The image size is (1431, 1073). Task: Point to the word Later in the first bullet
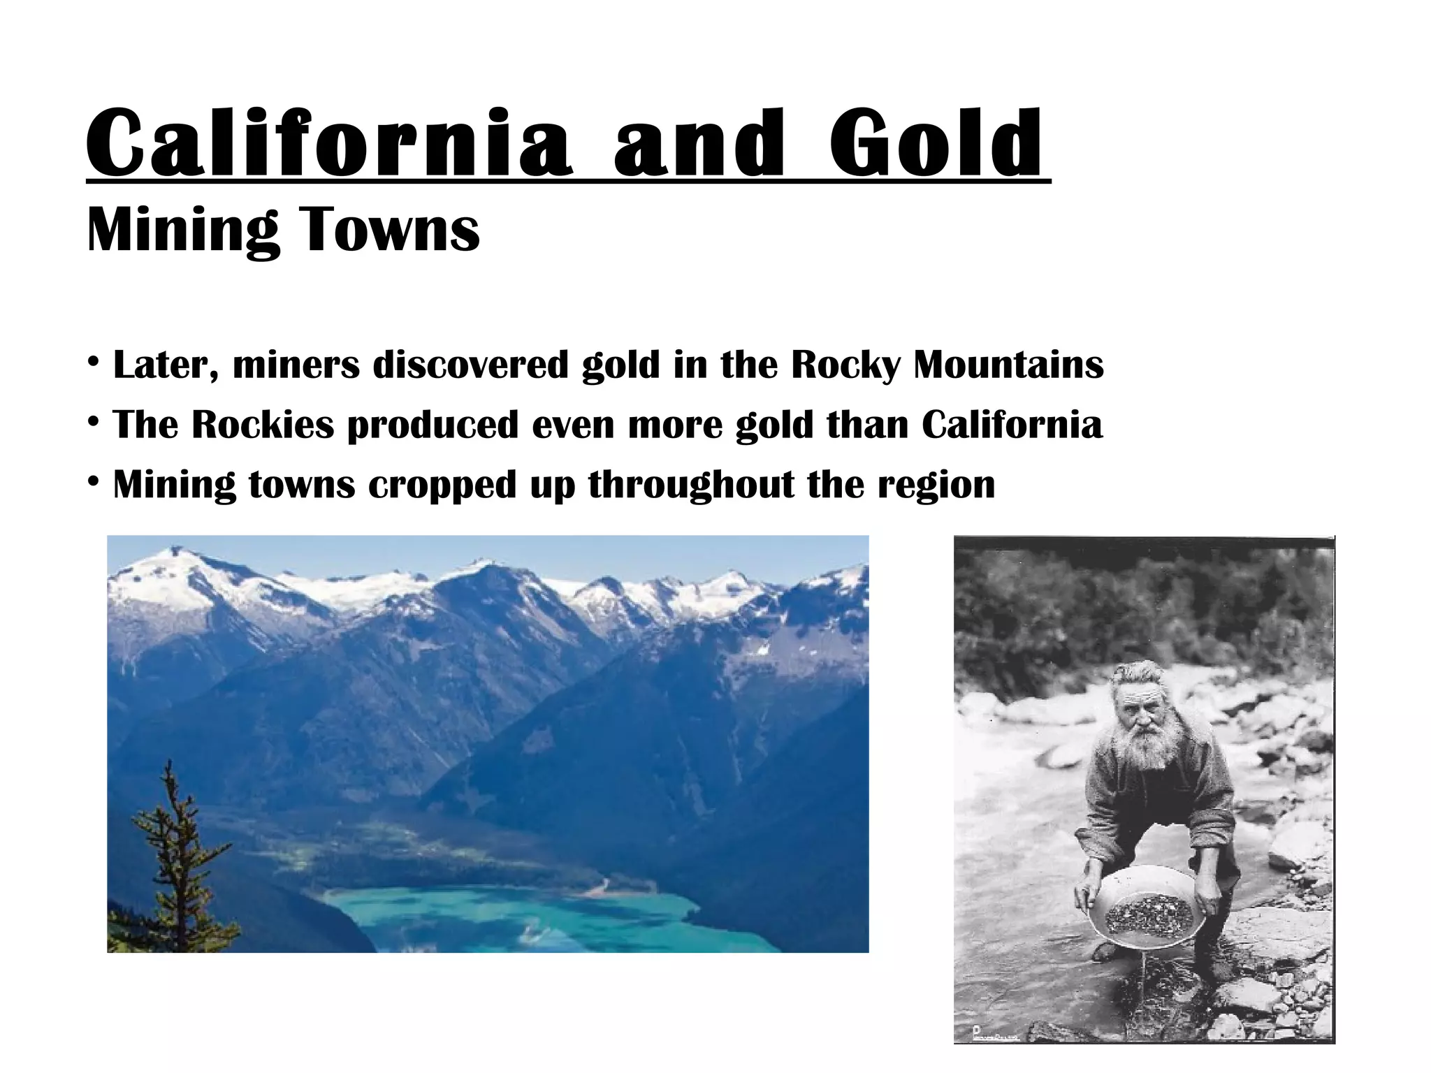(x=165, y=365)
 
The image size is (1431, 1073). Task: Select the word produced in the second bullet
(x=433, y=425)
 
